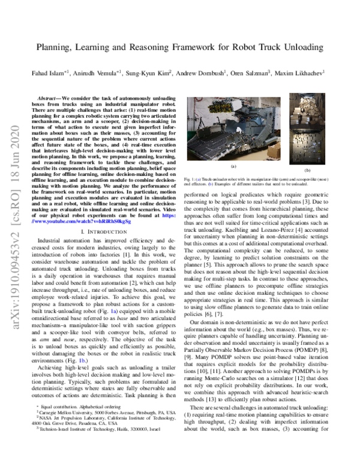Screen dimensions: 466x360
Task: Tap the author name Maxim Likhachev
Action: (x=302, y=73)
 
